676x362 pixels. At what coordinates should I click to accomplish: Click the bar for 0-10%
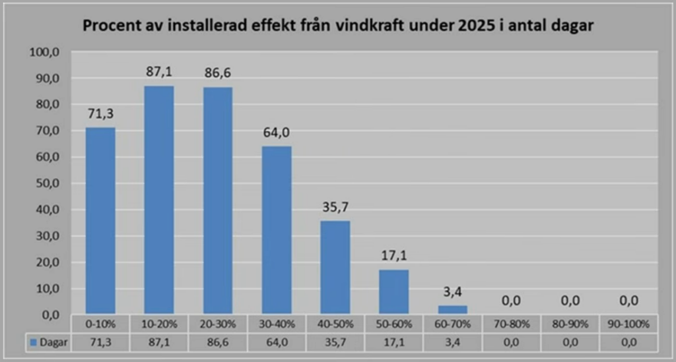(100, 220)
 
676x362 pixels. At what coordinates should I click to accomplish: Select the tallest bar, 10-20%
(159, 200)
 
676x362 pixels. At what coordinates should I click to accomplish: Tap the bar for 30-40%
(277, 230)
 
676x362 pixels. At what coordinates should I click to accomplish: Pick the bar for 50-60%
(394, 292)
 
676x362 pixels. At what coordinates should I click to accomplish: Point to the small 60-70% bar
(453, 310)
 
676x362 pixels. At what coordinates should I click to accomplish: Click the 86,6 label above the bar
(218, 73)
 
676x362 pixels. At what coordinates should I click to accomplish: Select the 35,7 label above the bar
(335, 208)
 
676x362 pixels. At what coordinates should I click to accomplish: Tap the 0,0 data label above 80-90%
(570, 301)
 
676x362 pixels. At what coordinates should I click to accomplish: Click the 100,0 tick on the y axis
(44, 52)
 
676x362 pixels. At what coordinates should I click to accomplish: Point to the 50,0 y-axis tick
(48, 183)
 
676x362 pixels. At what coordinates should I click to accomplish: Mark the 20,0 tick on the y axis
(48, 262)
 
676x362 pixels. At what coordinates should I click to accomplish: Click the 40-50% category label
(335, 324)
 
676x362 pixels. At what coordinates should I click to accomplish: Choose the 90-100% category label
(628, 324)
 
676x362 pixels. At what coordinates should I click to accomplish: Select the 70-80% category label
(512, 324)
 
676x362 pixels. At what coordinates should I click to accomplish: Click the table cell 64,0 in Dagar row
(277, 343)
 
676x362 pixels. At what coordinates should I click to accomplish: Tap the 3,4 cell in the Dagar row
(453, 343)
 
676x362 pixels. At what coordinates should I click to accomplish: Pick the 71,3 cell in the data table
(100, 343)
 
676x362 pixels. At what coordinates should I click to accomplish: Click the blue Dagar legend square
(33, 343)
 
